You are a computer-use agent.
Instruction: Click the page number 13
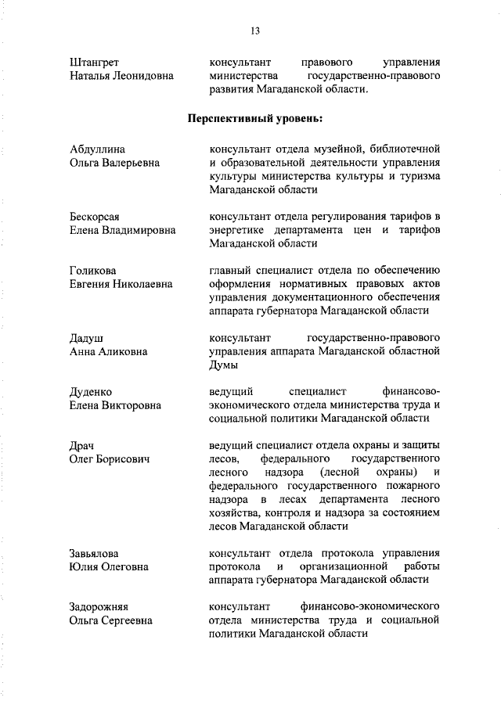pos(255,31)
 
